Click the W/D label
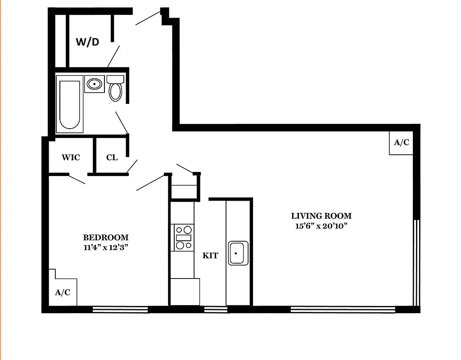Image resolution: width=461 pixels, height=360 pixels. (87, 42)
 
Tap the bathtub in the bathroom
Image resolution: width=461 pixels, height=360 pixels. (70, 104)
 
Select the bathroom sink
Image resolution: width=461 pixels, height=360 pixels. (95, 84)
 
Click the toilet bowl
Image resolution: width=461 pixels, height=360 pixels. (116, 91)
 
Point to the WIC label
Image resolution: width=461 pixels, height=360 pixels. (71, 157)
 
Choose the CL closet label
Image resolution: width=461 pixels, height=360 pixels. (112, 157)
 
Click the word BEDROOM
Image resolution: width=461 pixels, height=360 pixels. (106, 238)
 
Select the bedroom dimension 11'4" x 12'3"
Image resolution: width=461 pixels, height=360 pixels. (106, 247)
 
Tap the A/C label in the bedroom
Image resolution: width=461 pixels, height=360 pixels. (63, 292)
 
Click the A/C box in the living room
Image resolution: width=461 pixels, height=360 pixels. (401, 143)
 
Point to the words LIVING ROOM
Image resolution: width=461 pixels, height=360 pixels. (321, 216)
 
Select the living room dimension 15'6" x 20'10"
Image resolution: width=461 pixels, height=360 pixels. (321, 226)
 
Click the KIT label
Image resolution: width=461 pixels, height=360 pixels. (210, 256)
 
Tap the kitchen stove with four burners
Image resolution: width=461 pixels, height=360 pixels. (184, 238)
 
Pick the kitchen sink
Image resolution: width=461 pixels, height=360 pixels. (238, 253)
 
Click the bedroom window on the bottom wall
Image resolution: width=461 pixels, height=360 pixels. (120, 309)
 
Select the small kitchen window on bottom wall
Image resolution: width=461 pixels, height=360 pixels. (216, 309)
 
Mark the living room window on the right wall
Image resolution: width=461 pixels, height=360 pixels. (416, 262)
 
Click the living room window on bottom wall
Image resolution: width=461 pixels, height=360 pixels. (343, 309)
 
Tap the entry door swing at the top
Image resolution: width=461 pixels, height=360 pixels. (148, 18)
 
